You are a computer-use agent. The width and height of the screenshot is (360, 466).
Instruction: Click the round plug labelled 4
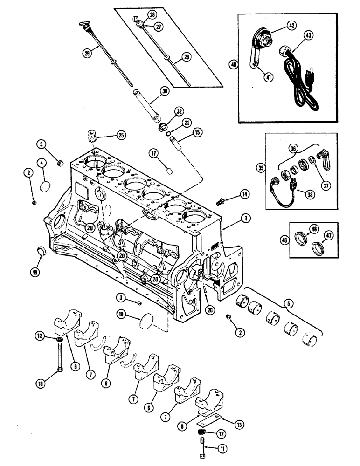(46, 186)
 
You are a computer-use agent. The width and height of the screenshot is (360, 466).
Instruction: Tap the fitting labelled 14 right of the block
(222, 201)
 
